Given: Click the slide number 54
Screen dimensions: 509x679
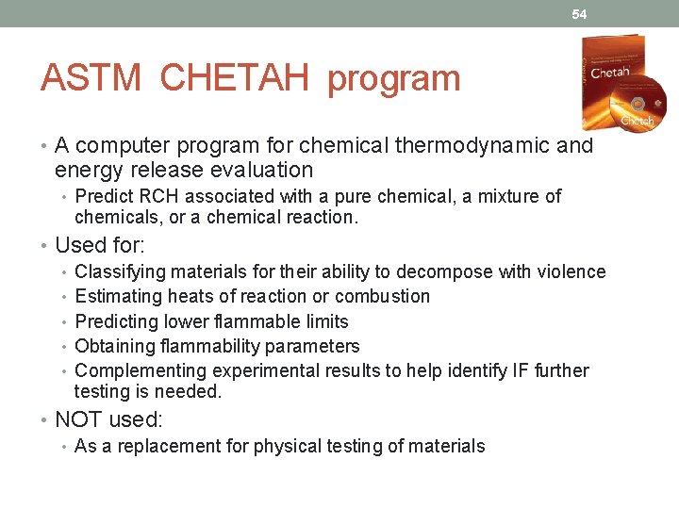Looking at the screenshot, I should click(579, 14).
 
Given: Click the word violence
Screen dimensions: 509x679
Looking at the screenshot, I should click(571, 271).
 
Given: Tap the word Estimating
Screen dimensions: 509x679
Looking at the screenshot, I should click(120, 296).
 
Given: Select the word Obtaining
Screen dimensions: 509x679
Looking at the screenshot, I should click(117, 346).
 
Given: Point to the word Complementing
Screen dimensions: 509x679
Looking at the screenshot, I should click(140, 370).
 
